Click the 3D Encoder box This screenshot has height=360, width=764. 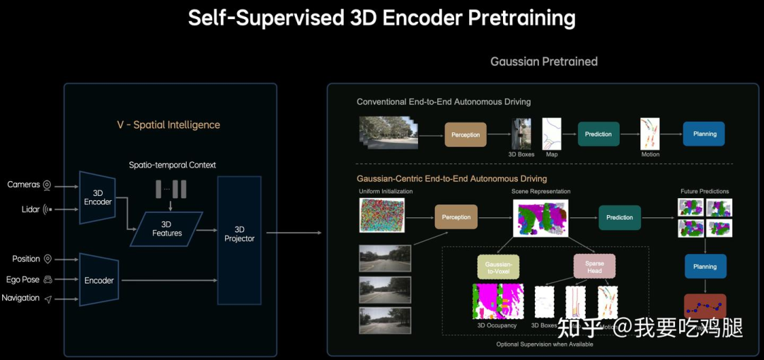(98, 197)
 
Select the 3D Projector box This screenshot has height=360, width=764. (239, 234)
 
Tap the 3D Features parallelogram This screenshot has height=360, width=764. (167, 228)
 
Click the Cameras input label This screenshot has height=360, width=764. (24, 185)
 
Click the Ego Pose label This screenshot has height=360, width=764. (23, 279)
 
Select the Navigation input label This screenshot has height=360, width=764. (21, 298)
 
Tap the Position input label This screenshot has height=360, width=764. (26, 259)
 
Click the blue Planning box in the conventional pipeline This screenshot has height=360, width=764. (704, 134)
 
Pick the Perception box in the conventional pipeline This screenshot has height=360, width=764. (465, 134)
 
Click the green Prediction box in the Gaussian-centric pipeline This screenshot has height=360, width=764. (619, 217)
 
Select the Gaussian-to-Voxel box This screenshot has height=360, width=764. (498, 267)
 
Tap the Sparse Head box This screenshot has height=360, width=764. (594, 267)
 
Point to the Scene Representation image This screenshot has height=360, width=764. (540, 217)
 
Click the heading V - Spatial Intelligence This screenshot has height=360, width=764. (168, 125)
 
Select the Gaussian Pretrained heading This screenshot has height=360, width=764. (544, 62)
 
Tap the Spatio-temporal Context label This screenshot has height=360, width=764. (172, 165)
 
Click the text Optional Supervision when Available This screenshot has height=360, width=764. (544, 344)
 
